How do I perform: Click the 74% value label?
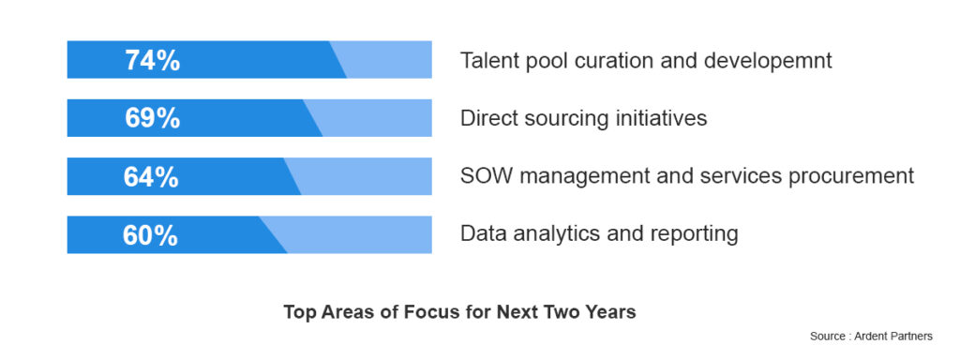tap(152, 60)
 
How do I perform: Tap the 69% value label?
tap(152, 118)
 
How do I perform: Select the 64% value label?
tap(151, 176)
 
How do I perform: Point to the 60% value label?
tap(150, 234)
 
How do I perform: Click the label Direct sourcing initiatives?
tap(583, 118)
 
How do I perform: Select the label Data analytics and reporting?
tap(599, 233)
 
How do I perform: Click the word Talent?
tap(487, 61)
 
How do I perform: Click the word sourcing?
tap(567, 119)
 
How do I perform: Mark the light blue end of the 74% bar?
tap(389, 60)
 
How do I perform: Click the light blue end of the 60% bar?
tap(361, 234)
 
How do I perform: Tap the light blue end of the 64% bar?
tap(367, 176)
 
